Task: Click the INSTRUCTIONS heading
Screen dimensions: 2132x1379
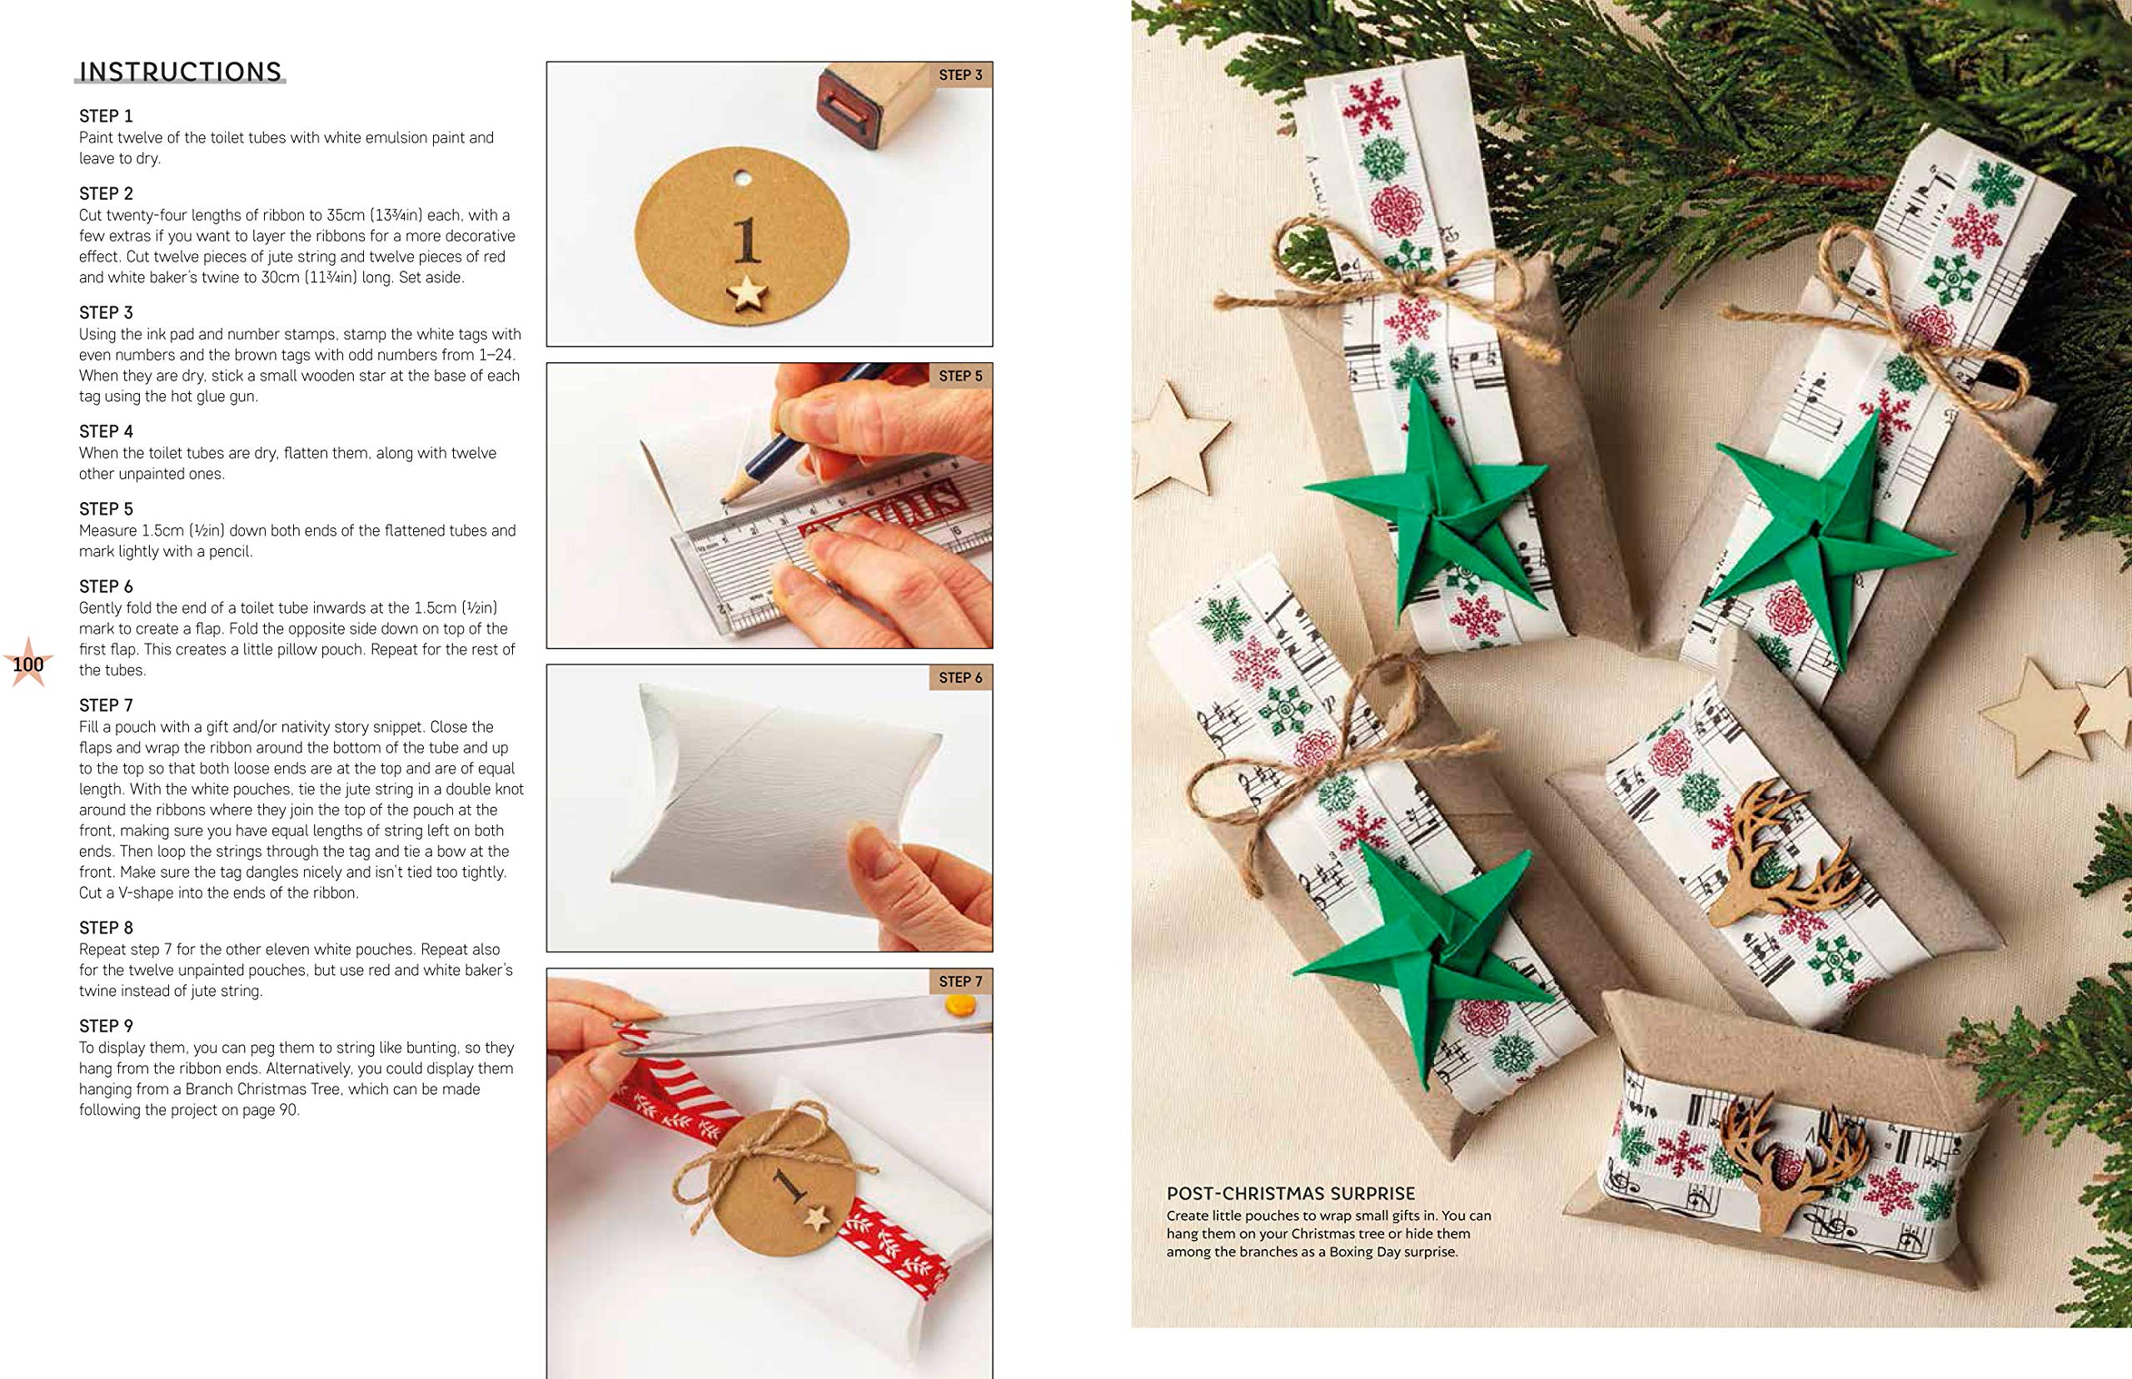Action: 181,72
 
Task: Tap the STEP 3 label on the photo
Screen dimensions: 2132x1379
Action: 960,75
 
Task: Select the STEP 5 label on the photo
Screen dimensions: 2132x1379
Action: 960,376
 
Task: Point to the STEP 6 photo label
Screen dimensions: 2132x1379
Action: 960,678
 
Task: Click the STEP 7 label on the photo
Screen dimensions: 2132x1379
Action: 960,982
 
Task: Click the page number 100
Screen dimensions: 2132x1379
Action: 28,665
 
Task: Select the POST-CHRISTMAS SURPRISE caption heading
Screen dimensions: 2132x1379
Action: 1290,1192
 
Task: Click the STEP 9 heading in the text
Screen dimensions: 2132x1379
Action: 106,1026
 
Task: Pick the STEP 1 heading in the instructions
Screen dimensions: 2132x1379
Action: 106,117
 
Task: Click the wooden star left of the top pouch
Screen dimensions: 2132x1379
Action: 1173,439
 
